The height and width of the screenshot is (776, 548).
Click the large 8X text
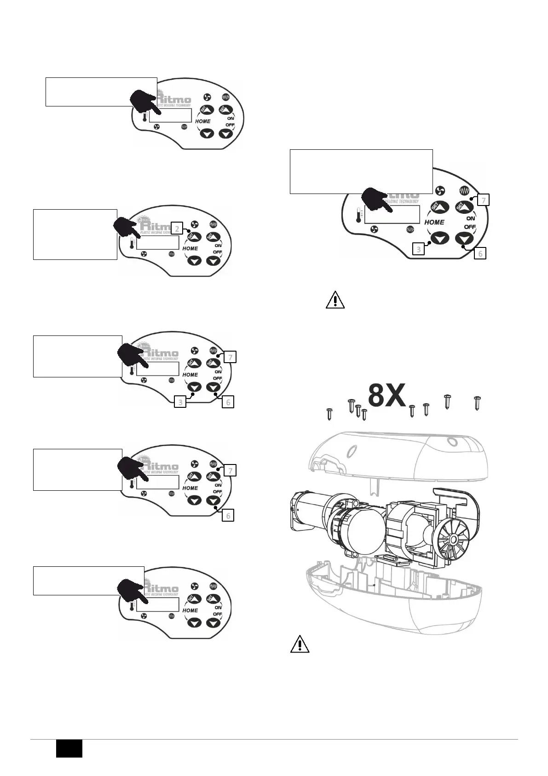point(387,396)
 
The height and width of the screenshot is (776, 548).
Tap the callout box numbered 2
point(177,228)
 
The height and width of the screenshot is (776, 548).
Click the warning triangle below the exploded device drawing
point(300,644)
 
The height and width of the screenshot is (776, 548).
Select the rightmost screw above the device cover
point(477,403)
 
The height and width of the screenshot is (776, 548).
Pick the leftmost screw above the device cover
point(329,413)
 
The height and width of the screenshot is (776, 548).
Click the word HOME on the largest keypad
point(434,222)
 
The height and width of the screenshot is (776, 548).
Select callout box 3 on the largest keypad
point(418,250)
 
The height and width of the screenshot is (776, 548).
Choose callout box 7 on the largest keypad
point(483,200)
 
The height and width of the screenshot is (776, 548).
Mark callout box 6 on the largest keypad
point(479,253)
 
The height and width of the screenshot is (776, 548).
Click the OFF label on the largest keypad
point(470,227)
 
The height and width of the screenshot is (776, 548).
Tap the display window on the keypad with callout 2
point(158,243)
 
